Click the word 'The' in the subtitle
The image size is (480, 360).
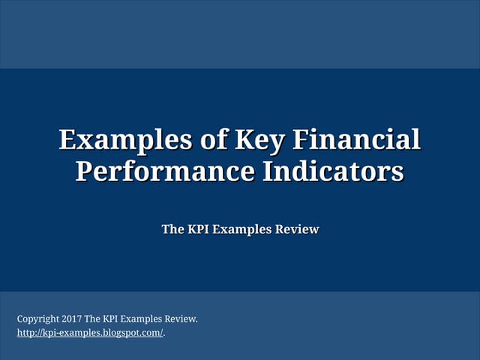pos(172,229)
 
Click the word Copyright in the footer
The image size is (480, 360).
pos(38,319)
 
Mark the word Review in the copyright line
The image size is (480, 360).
pos(184,319)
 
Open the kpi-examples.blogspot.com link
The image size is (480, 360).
pos(90,332)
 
